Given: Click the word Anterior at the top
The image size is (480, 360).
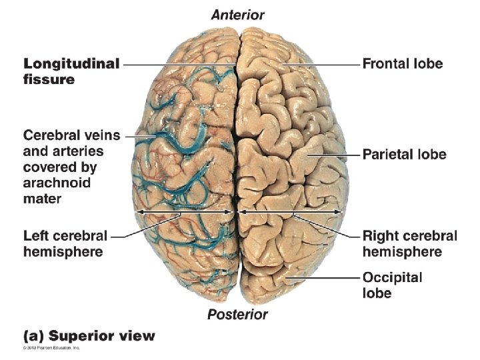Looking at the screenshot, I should pos(238,15).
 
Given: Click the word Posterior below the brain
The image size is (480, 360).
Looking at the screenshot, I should pos(237,314).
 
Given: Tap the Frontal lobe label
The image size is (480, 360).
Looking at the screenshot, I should pos(403,64).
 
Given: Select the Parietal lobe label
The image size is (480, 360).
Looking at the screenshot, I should pos(404,155).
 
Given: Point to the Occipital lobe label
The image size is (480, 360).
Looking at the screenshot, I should pos(393,284).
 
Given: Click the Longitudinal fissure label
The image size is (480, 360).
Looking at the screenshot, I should pos(71,71).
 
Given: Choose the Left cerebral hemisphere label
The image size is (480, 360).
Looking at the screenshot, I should pos(65,243).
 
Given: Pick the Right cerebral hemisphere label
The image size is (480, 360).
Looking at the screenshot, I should pos(409,243).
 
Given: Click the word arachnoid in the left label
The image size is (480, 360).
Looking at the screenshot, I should pos(57,183).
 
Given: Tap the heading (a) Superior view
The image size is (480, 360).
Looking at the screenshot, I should pos(89,335).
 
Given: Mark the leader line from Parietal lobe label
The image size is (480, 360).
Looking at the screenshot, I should pos(330,155).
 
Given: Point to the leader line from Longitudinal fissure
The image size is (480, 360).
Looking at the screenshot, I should pos(177,65).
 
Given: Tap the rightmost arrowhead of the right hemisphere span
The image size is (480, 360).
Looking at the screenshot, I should pos(342,212).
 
